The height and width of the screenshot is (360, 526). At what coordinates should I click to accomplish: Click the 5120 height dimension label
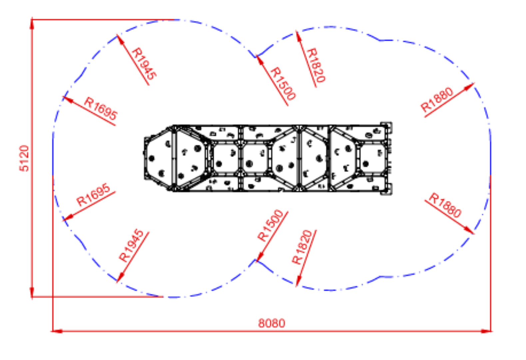[x=24, y=158]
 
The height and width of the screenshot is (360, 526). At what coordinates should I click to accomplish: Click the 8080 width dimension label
[x=272, y=323]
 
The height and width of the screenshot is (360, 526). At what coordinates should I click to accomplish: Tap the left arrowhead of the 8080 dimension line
[x=57, y=331]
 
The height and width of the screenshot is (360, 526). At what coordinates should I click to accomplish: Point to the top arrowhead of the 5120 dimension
[x=32, y=23]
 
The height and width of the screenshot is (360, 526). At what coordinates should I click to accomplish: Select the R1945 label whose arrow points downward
[x=131, y=245]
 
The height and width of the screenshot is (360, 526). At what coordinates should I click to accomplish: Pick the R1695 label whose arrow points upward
[x=101, y=109]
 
